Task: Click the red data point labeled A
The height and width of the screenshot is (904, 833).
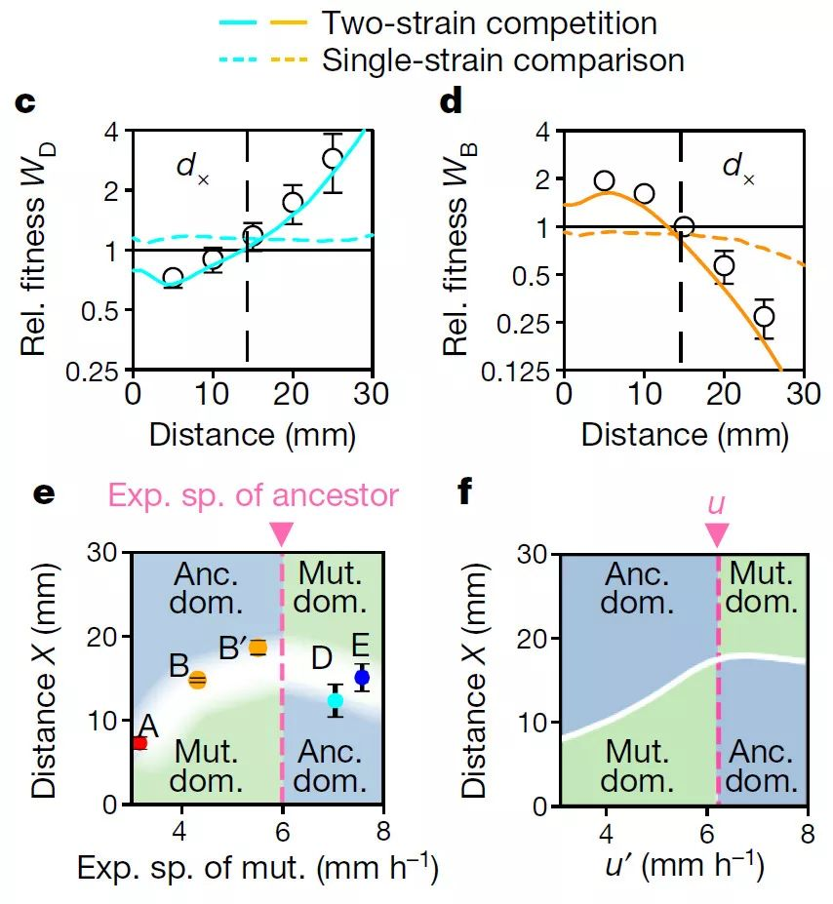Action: tap(139, 743)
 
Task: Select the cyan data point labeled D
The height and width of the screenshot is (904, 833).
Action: tap(336, 700)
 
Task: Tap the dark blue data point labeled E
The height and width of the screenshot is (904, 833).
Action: tap(362, 677)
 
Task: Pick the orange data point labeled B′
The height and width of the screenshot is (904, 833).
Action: tap(258, 648)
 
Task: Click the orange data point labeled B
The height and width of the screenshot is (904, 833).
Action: tap(197, 680)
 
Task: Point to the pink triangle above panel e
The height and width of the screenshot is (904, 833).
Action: tap(281, 533)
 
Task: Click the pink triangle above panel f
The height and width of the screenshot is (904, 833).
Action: tap(717, 533)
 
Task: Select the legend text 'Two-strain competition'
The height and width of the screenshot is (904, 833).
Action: tap(489, 22)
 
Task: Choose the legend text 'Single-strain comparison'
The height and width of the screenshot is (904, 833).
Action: tap(502, 60)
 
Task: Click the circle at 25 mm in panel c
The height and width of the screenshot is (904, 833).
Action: tap(333, 158)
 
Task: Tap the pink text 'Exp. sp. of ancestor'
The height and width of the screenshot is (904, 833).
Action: tap(254, 495)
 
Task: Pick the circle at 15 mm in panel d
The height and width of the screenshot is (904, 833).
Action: tap(684, 226)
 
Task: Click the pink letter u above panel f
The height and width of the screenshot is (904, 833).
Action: tap(716, 502)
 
